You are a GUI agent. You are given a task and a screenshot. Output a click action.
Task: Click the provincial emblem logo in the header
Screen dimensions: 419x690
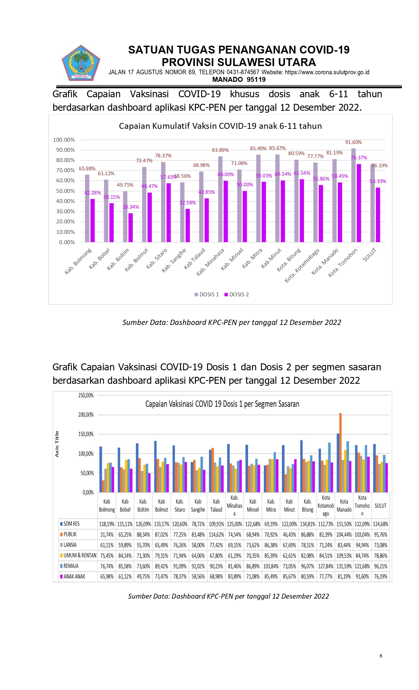[x=81, y=63]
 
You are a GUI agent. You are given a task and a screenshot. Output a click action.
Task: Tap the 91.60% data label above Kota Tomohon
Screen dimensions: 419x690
[x=353, y=142]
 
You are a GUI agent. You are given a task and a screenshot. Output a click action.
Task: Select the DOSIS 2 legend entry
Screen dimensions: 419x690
[x=237, y=294]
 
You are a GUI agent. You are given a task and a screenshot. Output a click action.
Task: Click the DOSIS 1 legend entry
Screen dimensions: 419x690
[x=207, y=294]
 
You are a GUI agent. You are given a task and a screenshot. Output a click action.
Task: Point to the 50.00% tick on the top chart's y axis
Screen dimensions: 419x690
[x=65, y=191]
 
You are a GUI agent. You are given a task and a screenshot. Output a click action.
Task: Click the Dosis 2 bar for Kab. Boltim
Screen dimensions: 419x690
[x=130, y=228]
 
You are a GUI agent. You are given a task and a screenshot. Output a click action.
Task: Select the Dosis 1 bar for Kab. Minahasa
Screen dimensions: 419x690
[x=220, y=199]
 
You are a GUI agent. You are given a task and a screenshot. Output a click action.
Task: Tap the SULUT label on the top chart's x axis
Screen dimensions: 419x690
[x=369, y=255]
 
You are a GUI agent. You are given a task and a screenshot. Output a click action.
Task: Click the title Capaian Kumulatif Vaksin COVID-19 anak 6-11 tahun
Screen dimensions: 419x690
[x=220, y=126]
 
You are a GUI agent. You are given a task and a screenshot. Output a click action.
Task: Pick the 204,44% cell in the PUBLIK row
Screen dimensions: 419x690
[x=344, y=535]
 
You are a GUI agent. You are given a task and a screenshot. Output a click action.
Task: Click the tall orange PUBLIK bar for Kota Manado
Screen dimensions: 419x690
[x=340, y=453]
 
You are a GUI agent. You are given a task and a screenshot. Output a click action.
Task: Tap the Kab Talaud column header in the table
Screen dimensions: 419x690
[x=216, y=506]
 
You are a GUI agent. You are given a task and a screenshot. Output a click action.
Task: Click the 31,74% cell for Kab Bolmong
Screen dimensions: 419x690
[x=107, y=535]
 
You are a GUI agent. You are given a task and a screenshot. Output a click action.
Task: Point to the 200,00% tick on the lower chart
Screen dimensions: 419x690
[x=86, y=415]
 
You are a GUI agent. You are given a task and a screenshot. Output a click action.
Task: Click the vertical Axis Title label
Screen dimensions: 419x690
[x=57, y=444]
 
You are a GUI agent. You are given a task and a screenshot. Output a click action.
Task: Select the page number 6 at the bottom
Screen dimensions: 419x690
[x=381, y=655]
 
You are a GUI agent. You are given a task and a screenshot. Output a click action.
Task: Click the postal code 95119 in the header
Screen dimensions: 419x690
[x=256, y=80]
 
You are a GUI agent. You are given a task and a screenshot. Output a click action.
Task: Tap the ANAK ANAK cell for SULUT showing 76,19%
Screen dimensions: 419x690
[x=381, y=576]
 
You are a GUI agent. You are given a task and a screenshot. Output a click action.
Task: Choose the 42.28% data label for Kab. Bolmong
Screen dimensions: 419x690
[x=93, y=193]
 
